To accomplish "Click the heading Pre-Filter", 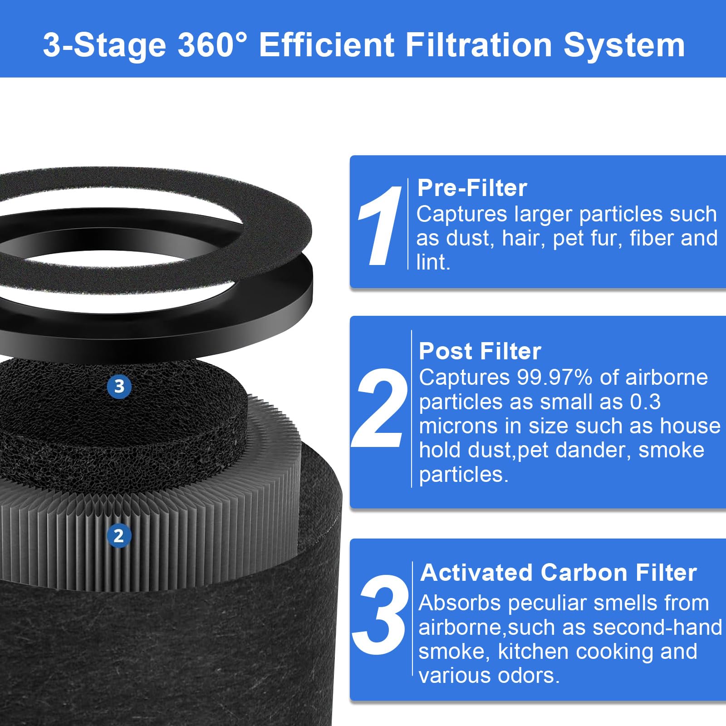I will pos(472,188).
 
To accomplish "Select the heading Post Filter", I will pos(480,351).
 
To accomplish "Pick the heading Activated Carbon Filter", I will pos(558,573).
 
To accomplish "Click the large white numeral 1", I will pos(380,226).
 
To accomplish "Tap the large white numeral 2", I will pos(379,407).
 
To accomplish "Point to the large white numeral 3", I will pos(380,615).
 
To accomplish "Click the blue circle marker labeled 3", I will pos(119,387).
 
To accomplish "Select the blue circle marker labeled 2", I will pos(119,536).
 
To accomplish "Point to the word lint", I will pos(432,262).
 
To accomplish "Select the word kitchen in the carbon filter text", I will pos(533,652).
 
